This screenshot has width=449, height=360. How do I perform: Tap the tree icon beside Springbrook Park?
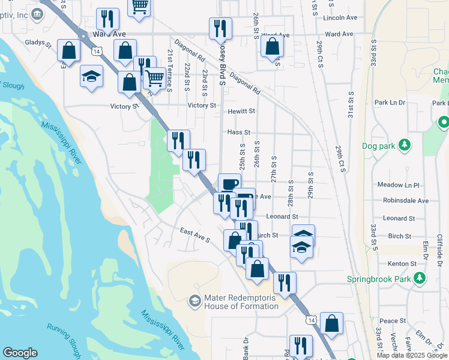tap(421, 278)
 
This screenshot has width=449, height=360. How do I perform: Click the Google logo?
tap(20, 353)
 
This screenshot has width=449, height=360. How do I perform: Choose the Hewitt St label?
tap(241, 111)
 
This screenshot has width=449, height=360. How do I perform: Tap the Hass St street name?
tap(238, 132)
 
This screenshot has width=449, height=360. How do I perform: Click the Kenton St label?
tap(403, 263)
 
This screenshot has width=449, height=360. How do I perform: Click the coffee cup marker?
tap(228, 184)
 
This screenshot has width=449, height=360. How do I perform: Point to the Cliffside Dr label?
tap(439, 250)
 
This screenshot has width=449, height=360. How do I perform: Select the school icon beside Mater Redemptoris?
tap(194, 300)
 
